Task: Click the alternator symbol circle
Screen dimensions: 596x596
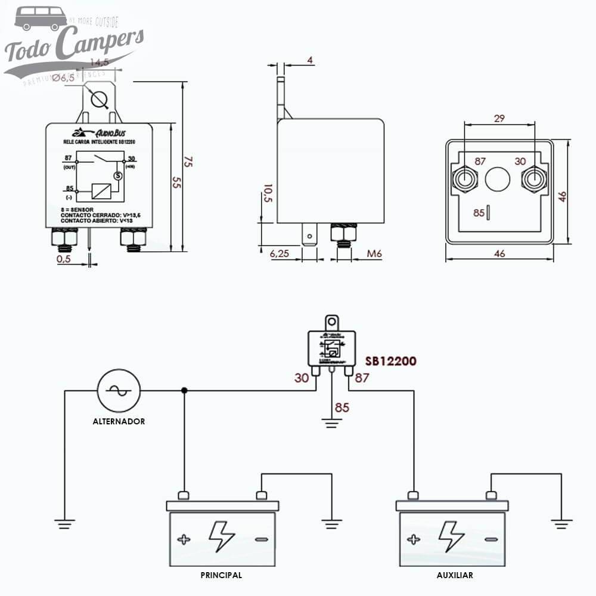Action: pos(119,390)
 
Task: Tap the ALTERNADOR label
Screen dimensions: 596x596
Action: pos(119,421)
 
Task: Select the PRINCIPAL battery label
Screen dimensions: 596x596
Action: pos(221,575)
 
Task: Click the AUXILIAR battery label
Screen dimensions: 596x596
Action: pos(454,575)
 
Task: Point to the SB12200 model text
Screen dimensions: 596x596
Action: pos(390,361)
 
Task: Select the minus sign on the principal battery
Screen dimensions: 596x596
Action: pos(261,540)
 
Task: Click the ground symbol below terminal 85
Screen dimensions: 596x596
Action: pos(332,424)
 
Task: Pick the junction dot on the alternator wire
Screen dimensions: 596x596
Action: pos(184,390)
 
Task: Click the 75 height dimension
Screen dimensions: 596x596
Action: pos(188,162)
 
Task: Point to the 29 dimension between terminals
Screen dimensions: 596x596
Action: pos(499,119)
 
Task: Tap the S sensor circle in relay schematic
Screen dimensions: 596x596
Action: pos(117,175)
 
